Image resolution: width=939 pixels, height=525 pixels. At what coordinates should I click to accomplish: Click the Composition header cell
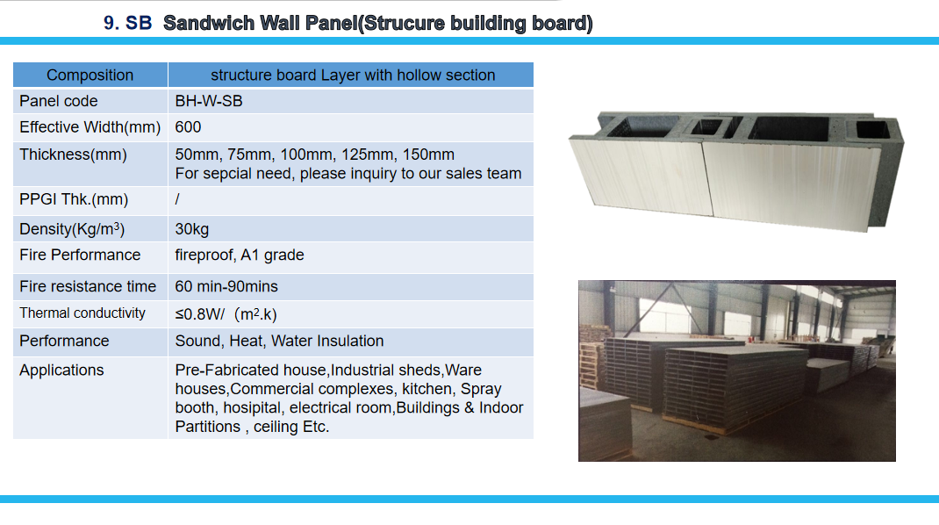90,75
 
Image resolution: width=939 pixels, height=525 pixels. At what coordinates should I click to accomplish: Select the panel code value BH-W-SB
208,101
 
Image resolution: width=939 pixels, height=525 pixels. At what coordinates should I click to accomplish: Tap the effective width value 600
188,127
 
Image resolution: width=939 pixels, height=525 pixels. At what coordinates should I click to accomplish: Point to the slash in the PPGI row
177,199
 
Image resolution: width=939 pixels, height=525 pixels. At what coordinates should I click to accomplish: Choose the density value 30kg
191,229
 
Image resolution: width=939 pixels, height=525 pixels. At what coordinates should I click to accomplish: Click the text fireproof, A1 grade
240,255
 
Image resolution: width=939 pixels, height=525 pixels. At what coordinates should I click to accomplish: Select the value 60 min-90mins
226,286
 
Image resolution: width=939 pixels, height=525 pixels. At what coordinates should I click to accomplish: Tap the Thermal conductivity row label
82,313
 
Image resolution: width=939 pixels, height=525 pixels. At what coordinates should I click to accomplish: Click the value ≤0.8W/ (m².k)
226,314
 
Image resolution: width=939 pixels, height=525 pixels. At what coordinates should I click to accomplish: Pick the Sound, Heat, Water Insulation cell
279,341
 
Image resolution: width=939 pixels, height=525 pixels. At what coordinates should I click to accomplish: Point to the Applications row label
61,370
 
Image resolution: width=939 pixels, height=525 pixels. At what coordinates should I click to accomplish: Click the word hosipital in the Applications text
252,408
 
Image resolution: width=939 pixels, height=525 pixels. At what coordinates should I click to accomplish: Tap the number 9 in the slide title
109,24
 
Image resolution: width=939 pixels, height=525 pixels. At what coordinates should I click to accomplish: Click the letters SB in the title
139,24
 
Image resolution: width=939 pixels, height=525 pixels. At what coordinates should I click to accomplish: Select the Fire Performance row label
80,255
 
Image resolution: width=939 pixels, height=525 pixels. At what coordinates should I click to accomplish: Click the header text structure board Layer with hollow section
353,75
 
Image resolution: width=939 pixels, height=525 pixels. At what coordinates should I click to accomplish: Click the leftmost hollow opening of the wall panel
642,126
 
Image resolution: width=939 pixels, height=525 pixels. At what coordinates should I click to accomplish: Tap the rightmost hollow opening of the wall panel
871,129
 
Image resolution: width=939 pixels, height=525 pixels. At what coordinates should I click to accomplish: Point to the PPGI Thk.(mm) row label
74,199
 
